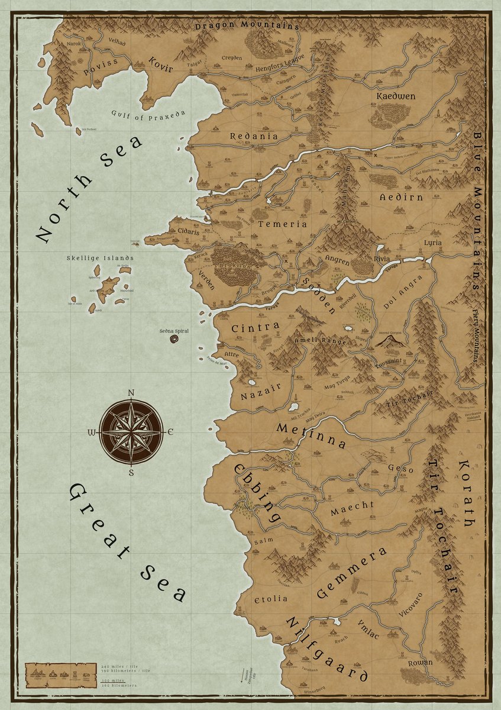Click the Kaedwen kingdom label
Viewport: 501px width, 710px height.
coord(396,96)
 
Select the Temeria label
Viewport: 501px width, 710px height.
coord(282,224)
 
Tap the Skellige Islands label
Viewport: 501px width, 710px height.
coord(99,258)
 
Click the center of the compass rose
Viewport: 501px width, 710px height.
coord(130,432)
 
